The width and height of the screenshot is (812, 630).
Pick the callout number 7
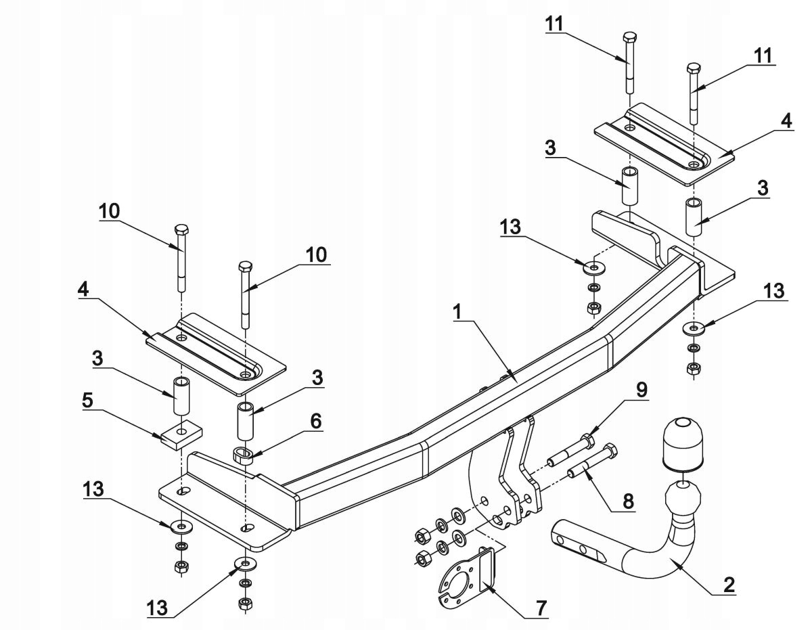[540, 608]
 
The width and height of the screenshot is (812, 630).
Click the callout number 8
[629, 501]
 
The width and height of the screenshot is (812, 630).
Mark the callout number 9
[640, 390]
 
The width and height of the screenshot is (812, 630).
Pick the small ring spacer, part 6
[244, 455]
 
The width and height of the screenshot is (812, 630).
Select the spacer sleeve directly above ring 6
[245, 420]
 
